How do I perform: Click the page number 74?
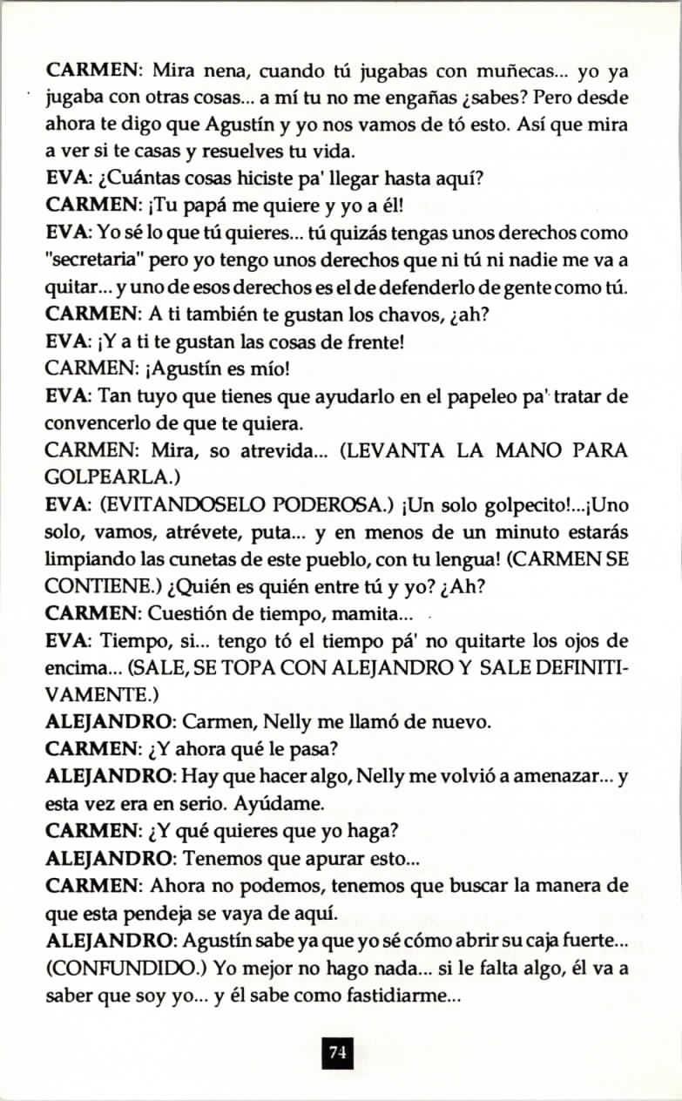tap(337, 1053)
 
